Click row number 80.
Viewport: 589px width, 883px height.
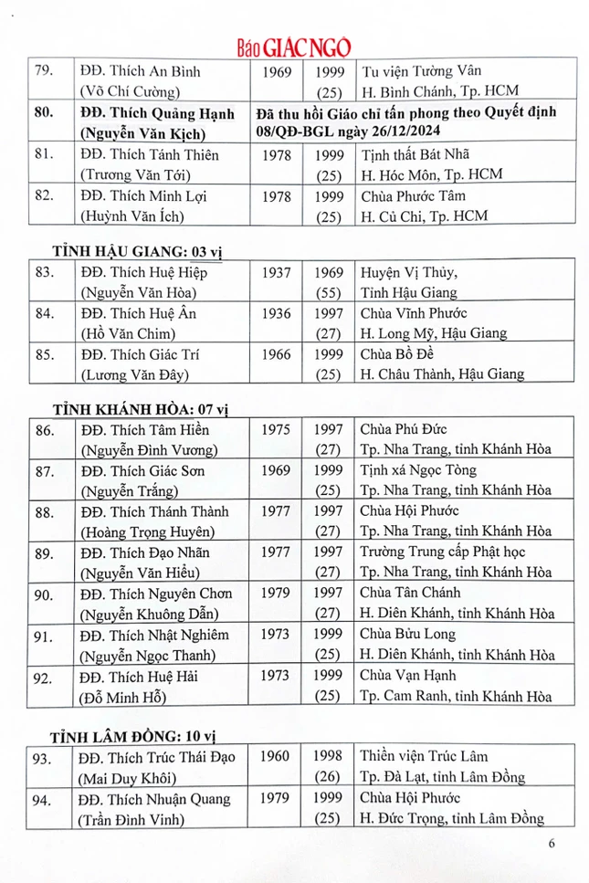(42, 114)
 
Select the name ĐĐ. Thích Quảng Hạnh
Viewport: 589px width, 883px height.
(152, 114)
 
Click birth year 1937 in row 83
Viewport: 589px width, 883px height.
(276, 273)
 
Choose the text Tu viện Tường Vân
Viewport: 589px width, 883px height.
(421, 71)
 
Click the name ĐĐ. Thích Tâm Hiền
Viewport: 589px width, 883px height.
(145, 430)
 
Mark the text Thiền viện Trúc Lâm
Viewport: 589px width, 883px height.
(424, 756)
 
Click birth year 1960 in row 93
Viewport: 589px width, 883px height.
(276, 756)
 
